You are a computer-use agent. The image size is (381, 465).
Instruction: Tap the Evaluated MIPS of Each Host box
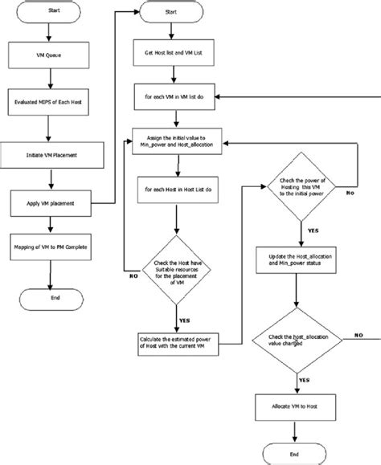[49, 103]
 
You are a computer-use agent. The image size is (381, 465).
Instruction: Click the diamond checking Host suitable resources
[171, 269]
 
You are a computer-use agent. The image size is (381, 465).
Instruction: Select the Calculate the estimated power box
[171, 343]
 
